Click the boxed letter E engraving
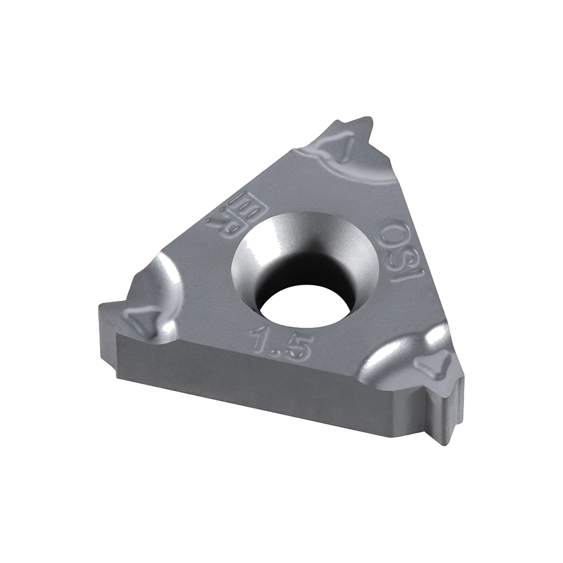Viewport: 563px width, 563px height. pyautogui.click(x=243, y=205)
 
